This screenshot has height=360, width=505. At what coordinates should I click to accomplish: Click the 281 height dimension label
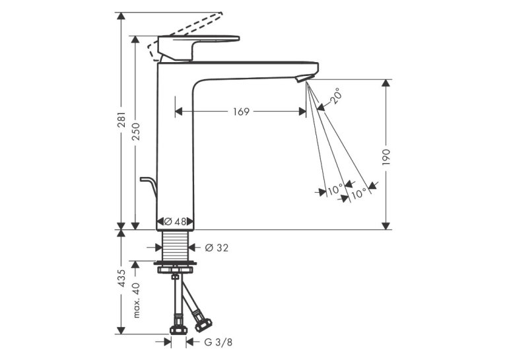tap(121, 120)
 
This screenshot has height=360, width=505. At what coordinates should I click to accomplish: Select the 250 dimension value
tap(136, 131)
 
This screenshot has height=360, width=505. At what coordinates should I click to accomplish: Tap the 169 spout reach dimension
tap(241, 112)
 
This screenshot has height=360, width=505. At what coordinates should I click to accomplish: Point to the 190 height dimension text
tap(386, 157)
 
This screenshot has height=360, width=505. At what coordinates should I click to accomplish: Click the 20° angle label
tap(335, 95)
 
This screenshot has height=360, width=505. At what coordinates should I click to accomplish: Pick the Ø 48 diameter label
tap(175, 221)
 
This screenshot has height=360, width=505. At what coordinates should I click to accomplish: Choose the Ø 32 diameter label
tap(217, 248)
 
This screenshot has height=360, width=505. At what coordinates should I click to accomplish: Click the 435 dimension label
tap(121, 278)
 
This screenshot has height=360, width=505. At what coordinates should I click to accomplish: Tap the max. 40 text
tap(137, 301)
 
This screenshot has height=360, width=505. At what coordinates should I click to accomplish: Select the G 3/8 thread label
tap(218, 342)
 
